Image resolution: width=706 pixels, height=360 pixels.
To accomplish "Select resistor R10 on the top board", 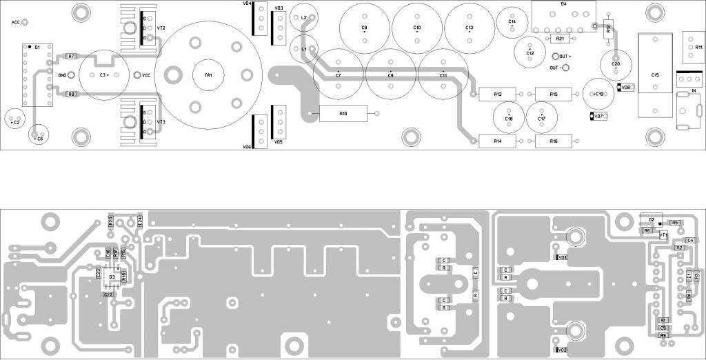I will point(343,114).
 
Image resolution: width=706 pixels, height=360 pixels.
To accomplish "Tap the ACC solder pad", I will point(26,22).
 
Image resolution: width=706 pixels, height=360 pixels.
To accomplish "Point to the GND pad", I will point(70,74).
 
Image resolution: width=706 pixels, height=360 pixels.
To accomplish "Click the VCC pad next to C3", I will point(137,74).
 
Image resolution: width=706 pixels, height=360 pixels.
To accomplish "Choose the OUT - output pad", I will point(565,68).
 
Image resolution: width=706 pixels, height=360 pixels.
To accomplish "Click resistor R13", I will point(498,94).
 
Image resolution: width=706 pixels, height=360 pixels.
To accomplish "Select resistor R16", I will point(553,141).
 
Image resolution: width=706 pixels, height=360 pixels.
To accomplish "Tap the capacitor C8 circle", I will point(365,28).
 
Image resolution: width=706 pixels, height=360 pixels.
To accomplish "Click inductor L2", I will point(304,17).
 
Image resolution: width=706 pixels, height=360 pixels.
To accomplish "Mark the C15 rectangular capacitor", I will point(654,74).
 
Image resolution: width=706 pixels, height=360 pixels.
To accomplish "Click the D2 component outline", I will point(650,219).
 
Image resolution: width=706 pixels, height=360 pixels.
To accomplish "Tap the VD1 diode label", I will point(562,257).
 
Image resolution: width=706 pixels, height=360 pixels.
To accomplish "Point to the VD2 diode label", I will point(561,350).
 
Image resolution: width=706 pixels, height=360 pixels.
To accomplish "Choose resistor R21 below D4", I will point(560,39).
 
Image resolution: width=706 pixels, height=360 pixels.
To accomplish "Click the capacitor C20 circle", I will point(616,64).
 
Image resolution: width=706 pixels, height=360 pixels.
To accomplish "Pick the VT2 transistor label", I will point(161,28).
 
